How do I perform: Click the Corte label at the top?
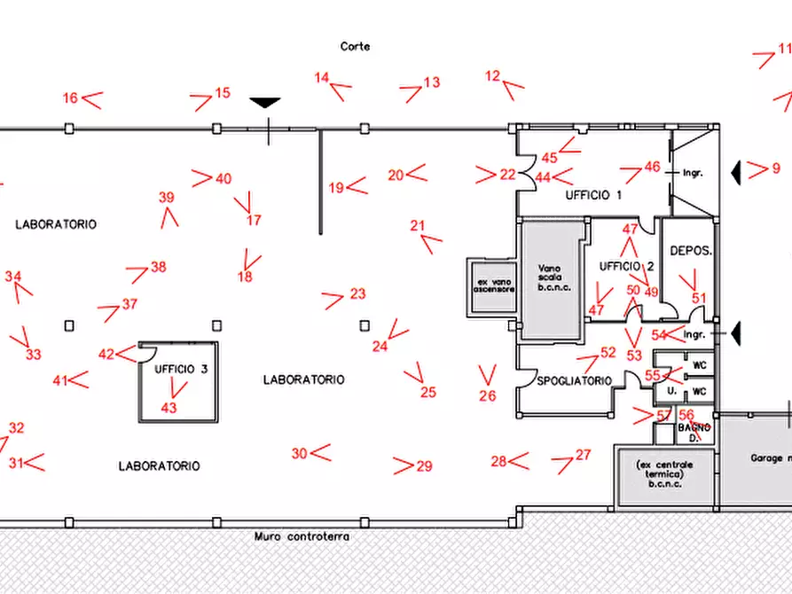pyautogui.click(x=355, y=46)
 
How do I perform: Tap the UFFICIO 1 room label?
pyautogui.click(x=593, y=195)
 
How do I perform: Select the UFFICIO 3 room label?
pyautogui.click(x=181, y=369)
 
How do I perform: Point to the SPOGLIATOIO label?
pyautogui.click(x=574, y=381)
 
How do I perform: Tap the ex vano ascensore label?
pyautogui.click(x=493, y=285)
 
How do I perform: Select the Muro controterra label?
pyautogui.click(x=302, y=536)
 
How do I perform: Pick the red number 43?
pyautogui.click(x=169, y=408)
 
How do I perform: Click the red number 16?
pyautogui.click(x=70, y=98)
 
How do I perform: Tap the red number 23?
pyautogui.click(x=357, y=293)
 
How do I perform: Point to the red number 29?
pyautogui.click(x=424, y=466)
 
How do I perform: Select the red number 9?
pyautogui.click(x=775, y=168)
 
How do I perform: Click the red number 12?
pyautogui.click(x=493, y=76)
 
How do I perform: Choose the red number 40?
pyautogui.click(x=223, y=179)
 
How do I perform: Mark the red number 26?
pyautogui.click(x=487, y=396)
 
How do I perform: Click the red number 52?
pyautogui.click(x=608, y=352)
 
